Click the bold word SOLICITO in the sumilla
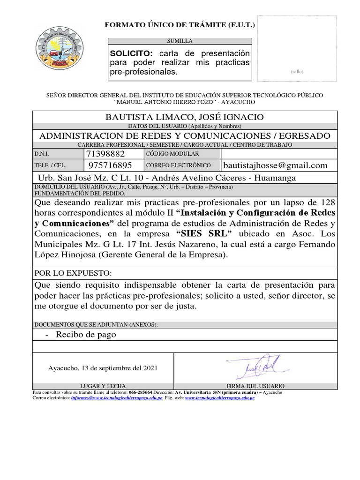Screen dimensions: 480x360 coord(128,53)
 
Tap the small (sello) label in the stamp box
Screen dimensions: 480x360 coord(297,72)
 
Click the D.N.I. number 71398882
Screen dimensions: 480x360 coord(106,154)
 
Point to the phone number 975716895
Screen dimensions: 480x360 coord(110,165)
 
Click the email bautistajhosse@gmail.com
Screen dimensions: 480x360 coord(275,165)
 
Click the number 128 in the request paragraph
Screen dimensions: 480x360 coord(327,202)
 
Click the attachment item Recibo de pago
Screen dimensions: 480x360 coord(85,334)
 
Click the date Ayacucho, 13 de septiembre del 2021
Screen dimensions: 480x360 coord(103,368)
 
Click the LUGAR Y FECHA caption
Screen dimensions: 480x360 coord(103,386)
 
